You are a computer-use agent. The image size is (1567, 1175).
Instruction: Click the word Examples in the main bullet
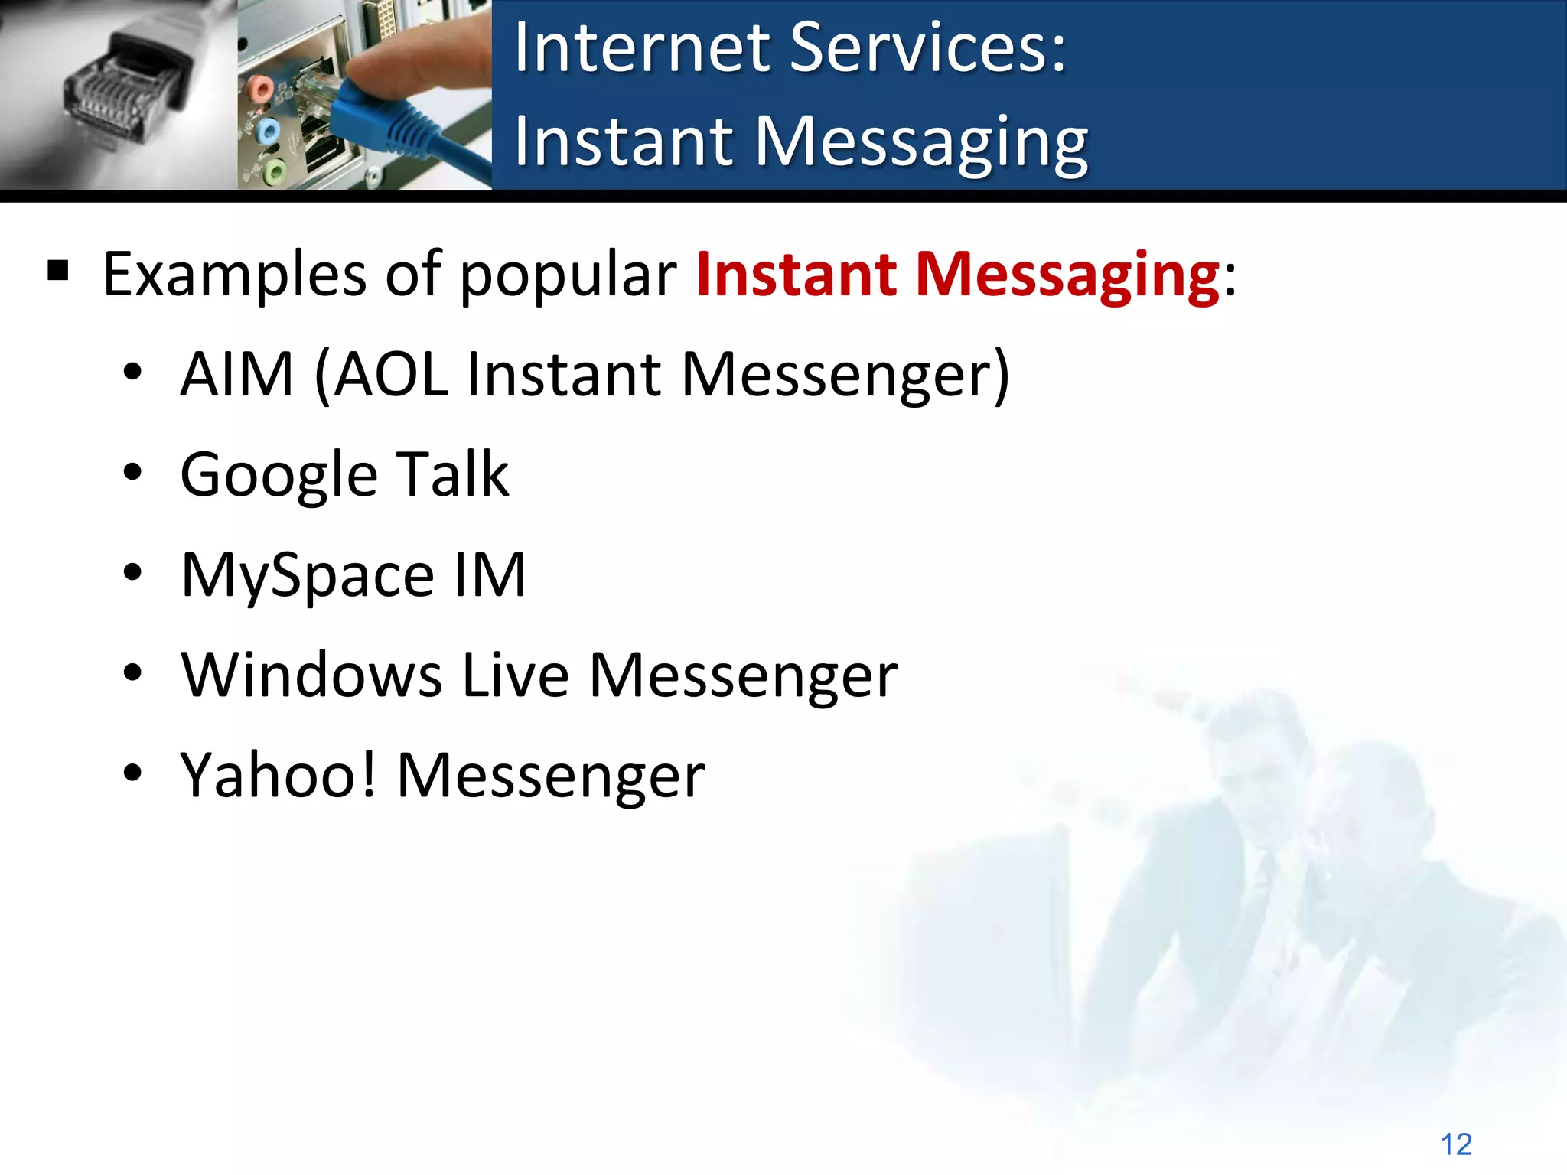pyautogui.click(x=234, y=275)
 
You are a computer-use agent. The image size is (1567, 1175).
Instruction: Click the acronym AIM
pyautogui.click(x=237, y=374)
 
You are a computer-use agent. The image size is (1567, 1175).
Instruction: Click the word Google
pyautogui.click(x=279, y=476)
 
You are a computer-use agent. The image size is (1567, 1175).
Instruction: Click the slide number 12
pyautogui.click(x=1456, y=1144)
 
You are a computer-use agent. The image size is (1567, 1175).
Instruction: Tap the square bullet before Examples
pyautogui.click(x=58, y=271)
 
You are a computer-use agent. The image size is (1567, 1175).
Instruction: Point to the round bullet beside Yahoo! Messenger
pyautogui.click(x=132, y=773)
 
